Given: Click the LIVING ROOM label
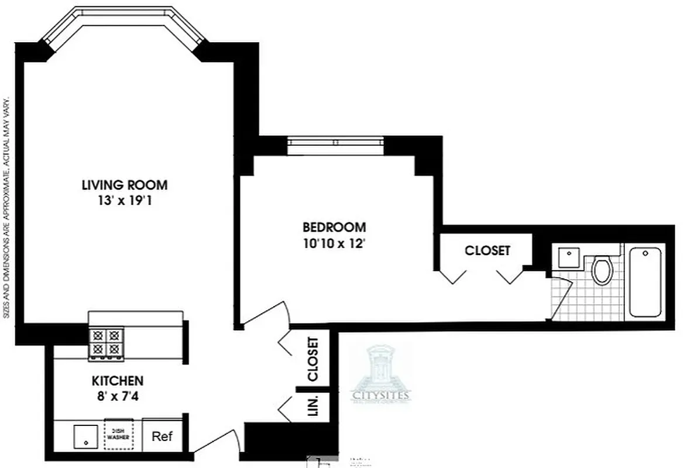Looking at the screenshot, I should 124,185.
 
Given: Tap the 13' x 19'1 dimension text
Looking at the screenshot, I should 124,201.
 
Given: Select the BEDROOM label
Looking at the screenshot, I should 334,227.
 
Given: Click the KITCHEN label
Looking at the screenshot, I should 117,381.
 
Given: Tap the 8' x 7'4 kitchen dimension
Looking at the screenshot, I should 117,396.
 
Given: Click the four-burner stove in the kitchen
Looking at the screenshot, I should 107,343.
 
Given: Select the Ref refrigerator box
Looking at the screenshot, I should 162,436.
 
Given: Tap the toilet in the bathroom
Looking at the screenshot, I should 601,270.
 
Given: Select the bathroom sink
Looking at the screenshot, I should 566,257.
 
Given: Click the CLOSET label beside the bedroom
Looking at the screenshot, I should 487,250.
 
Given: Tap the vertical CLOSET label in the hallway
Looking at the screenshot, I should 314,359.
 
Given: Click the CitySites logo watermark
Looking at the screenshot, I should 381,374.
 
